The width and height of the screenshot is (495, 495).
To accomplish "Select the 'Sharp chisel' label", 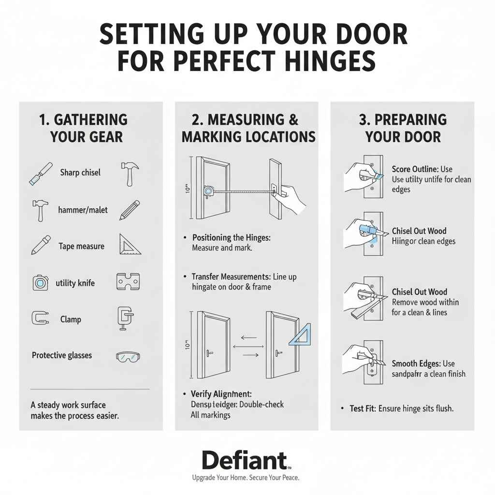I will click(x=80, y=173).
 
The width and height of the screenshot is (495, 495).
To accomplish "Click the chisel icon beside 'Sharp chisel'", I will click(x=41, y=174).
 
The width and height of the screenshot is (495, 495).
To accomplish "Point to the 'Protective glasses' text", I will click(x=62, y=355).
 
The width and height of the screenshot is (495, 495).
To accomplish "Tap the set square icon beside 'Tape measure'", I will click(x=129, y=245).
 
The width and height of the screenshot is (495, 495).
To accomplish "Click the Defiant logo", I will click(x=246, y=461).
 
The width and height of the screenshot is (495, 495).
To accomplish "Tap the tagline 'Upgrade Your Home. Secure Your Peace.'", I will click(x=246, y=478).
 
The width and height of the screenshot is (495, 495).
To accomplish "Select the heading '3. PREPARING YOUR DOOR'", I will click(x=403, y=128).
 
